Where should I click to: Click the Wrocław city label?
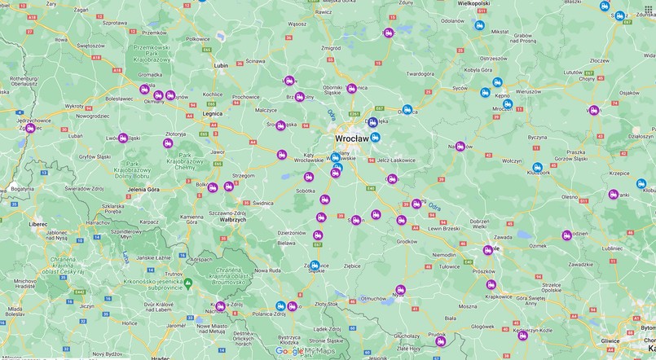[x=353, y=139]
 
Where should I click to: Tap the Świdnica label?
[x=263, y=203]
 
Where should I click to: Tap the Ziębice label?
[x=352, y=266]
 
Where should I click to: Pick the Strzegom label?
[x=244, y=175]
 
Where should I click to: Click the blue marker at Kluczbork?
[x=537, y=167]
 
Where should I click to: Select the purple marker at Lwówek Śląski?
[x=123, y=138]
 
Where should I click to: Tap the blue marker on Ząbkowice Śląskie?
[x=315, y=265]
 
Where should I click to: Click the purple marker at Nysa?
[x=400, y=290]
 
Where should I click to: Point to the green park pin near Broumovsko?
[x=187, y=283]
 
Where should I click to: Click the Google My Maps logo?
[x=304, y=351]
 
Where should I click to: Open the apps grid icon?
[x=649, y=9]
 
